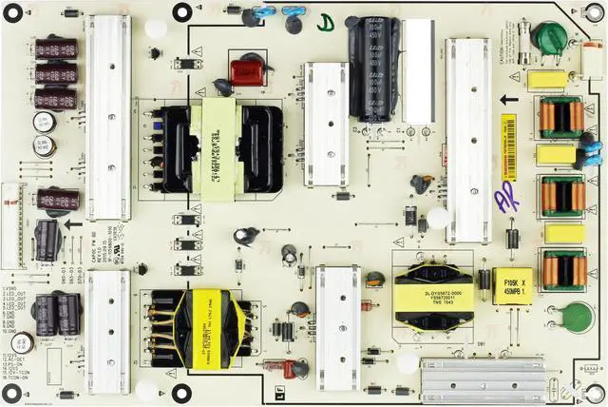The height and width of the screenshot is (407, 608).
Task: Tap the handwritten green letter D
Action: point(326,21)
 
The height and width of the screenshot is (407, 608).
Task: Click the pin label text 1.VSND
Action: point(12,287)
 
